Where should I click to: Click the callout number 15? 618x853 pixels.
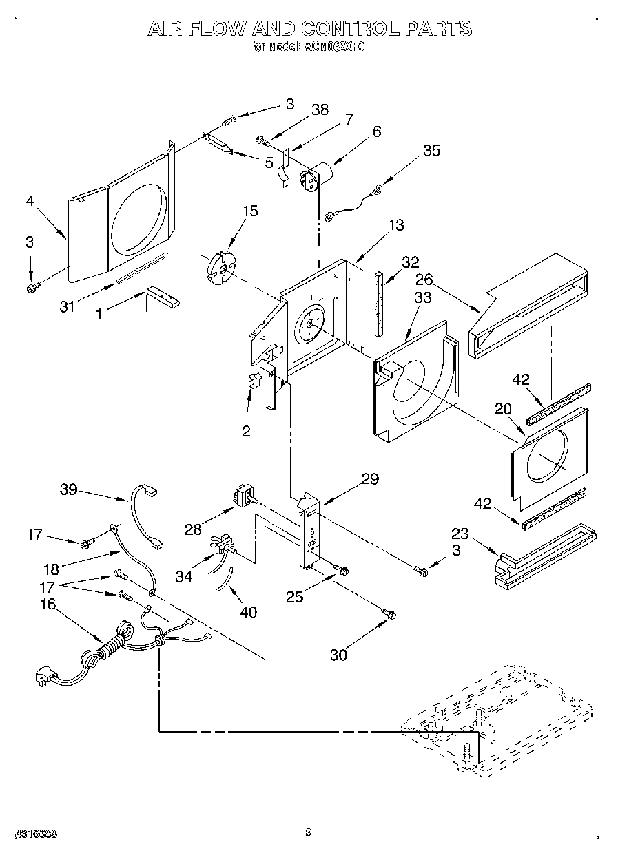point(251,211)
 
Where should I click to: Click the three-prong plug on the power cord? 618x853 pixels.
point(45,678)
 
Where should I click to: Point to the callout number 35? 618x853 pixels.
point(431,150)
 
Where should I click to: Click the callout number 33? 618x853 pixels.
point(423,297)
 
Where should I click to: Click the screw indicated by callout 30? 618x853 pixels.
point(389,613)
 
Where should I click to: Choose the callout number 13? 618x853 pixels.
point(396,225)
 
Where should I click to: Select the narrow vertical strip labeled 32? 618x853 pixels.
point(378,303)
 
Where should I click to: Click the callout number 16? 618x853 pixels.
point(48,604)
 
